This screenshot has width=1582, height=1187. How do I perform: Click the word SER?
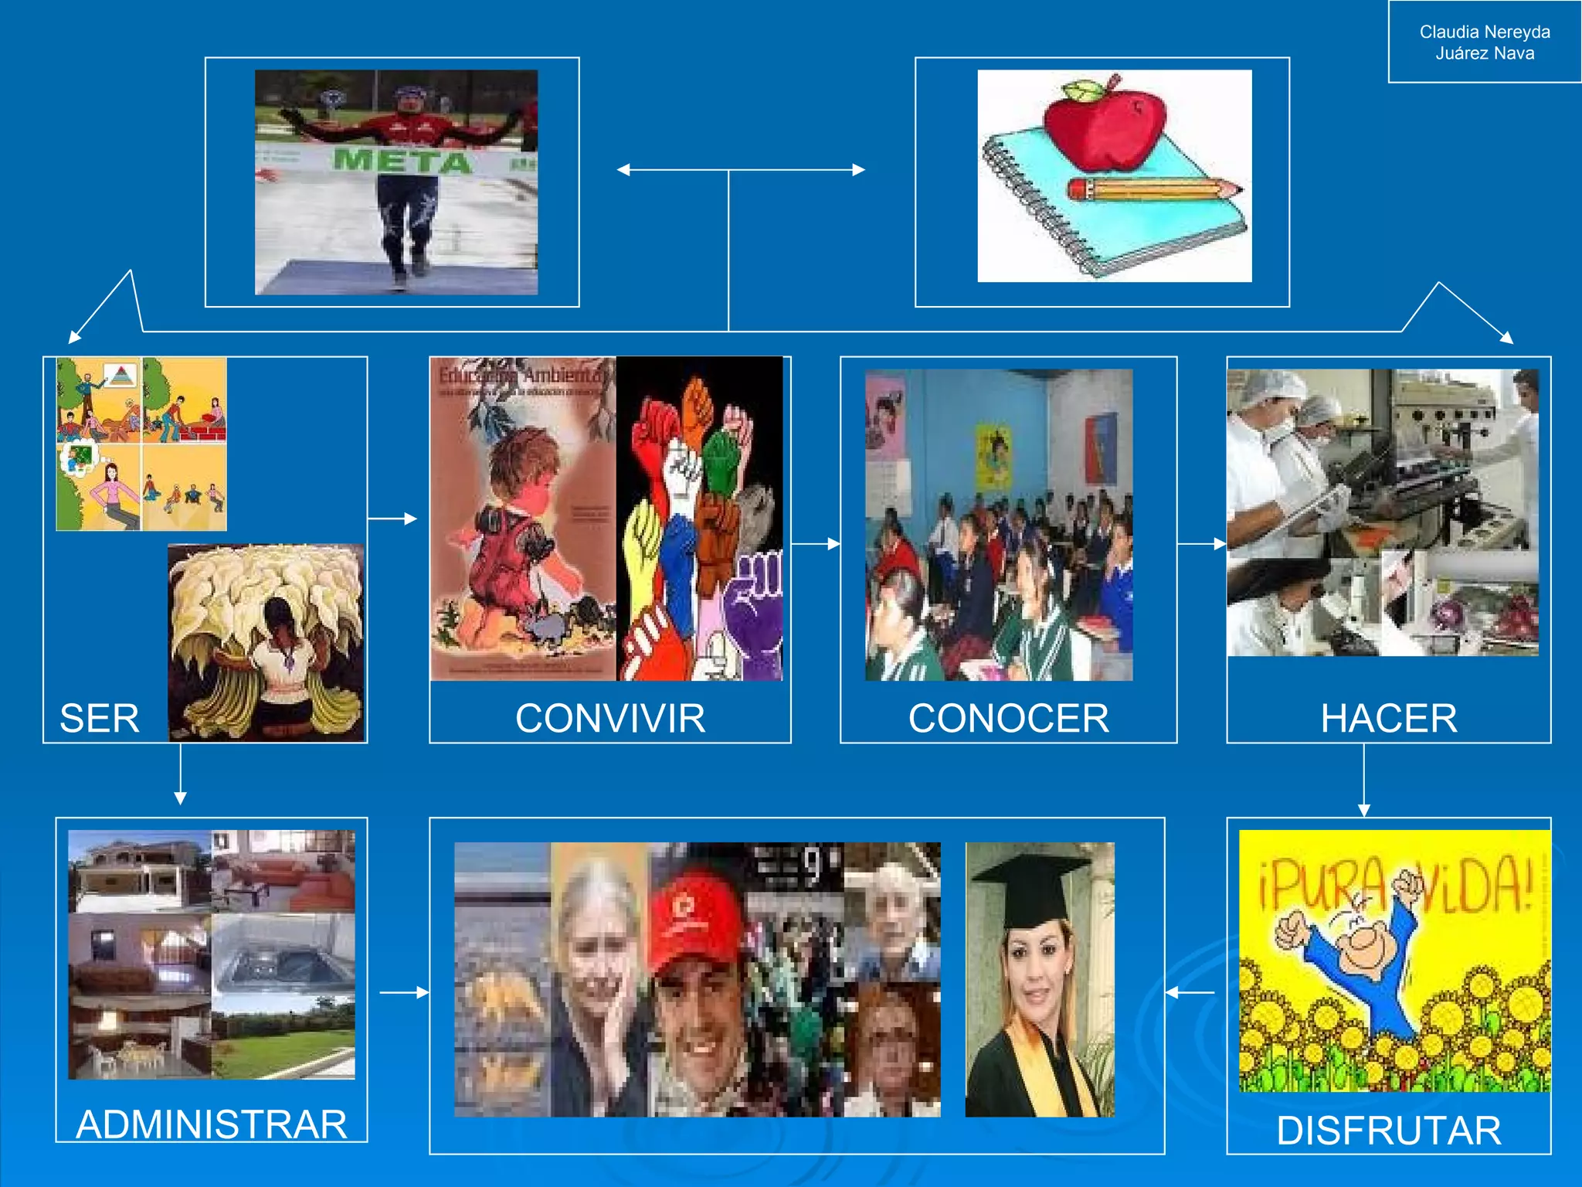pos(100,718)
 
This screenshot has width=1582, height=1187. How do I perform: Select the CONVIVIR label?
pos(610,718)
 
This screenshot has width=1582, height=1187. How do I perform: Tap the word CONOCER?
pos(1008,718)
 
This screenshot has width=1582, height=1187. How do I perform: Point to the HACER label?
pos(1388,718)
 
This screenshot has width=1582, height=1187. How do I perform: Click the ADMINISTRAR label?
pos(212,1124)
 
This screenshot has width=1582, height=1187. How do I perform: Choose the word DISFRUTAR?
pos(1388,1130)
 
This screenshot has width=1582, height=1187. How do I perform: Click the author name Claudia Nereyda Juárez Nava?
pos(1484,43)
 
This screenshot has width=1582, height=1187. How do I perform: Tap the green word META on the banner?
pos(402,161)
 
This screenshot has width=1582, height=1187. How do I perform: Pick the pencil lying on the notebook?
pos(1154,189)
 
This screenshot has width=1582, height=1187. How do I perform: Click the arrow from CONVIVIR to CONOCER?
pos(816,544)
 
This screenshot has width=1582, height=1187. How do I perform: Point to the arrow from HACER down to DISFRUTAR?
pos(1363,781)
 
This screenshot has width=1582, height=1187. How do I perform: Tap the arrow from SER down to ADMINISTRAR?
pos(180,774)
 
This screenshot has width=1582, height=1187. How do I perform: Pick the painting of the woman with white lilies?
pos(266,642)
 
